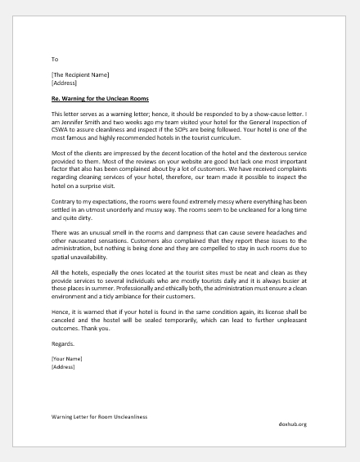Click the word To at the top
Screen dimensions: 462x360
(55, 60)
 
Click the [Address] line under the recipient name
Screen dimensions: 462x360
(65, 83)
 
